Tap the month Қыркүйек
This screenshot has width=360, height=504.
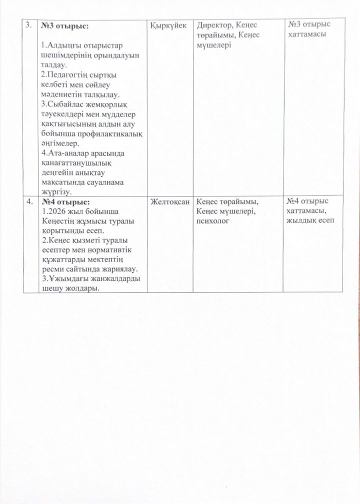click(166, 24)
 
